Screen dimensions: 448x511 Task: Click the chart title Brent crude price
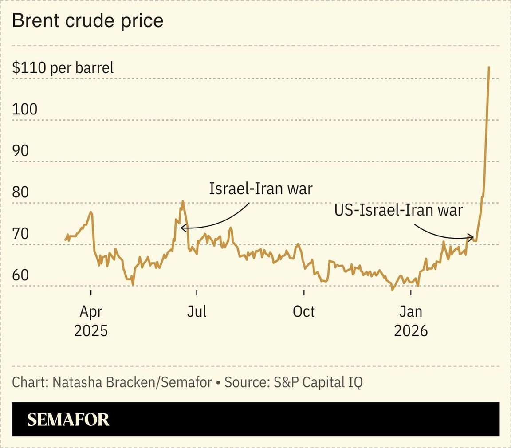tap(88, 21)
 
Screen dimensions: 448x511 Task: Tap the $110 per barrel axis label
tap(63, 68)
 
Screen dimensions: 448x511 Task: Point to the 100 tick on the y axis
tap(24, 110)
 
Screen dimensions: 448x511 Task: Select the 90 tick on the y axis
tap(20, 151)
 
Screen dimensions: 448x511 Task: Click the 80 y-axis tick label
tap(20, 193)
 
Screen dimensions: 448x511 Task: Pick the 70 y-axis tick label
tap(20, 234)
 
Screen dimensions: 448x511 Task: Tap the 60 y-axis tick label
tap(20, 275)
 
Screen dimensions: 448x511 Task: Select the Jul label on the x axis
tap(197, 311)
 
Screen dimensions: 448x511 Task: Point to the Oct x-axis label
tap(304, 311)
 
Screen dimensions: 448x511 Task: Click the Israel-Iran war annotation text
tap(261, 189)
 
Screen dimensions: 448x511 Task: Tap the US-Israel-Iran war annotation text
tap(398, 210)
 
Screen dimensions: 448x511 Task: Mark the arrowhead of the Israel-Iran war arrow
tap(182, 228)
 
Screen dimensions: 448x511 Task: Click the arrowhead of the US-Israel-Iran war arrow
tap(472, 237)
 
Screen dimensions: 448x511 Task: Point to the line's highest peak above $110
tap(489, 67)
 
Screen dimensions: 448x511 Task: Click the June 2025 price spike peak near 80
tap(182, 201)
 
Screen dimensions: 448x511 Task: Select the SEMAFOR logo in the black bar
tap(68, 420)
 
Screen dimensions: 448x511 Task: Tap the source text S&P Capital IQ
tap(316, 382)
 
